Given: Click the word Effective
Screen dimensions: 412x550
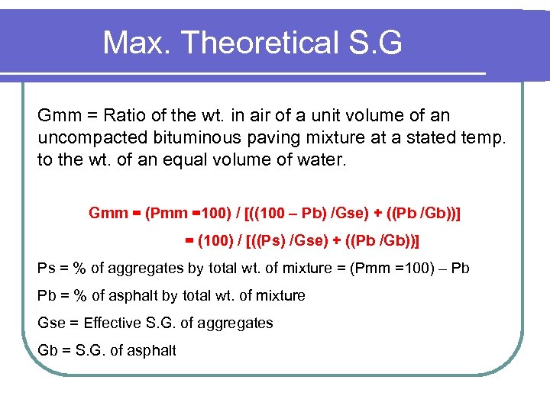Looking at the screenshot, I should click(x=113, y=323).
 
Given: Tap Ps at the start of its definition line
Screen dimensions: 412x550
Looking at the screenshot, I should click(x=46, y=268).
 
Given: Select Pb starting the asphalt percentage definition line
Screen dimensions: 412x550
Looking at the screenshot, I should click(x=47, y=295).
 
